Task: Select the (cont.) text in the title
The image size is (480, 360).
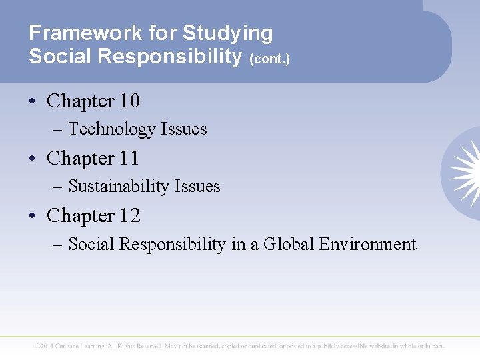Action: tap(269, 59)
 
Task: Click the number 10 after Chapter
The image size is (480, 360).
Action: tap(129, 101)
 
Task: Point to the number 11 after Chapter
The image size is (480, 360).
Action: tap(129, 159)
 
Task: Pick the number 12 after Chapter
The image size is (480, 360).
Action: tap(129, 216)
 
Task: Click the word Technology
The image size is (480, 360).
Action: tap(110, 129)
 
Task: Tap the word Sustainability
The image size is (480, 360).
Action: tap(120, 187)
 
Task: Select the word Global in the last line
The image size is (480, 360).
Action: tap(288, 245)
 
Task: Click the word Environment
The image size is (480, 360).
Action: tap(367, 245)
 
